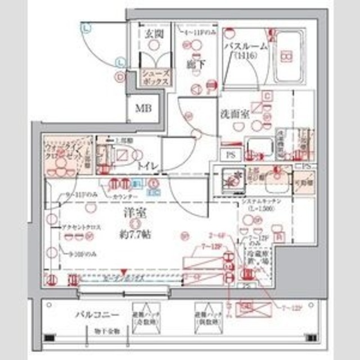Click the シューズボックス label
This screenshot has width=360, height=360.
pyautogui.click(x=154, y=77)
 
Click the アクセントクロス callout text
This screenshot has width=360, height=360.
pyautogui.click(x=82, y=227)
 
